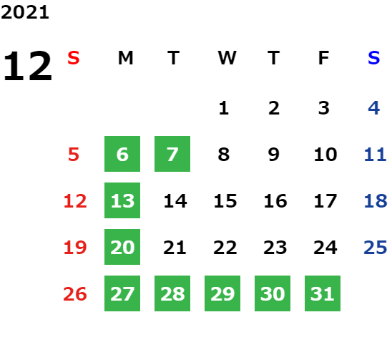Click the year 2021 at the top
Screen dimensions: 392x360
point(25,12)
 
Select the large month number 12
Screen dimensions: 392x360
point(28,66)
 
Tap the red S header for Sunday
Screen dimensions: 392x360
point(74,58)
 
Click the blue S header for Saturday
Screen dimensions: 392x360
point(373,58)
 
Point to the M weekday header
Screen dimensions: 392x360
point(125,58)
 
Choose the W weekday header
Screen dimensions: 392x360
point(227,58)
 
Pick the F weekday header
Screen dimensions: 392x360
point(324,58)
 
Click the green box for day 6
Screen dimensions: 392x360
point(122,154)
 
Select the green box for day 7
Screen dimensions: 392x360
point(172,154)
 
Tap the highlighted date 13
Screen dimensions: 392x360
point(122,200)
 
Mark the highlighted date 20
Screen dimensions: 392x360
point(122,247)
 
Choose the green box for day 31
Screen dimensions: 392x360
point(323,293)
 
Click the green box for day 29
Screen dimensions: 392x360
point(222,293)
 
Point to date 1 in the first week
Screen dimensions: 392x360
point(224,108)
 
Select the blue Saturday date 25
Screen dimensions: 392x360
point(376,248)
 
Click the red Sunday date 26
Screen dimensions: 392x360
point(75,294)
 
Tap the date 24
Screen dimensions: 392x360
point(325,248)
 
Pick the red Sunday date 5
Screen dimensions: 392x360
point(74,155)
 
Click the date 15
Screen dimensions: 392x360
point(225,201)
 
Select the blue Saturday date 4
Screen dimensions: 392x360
point(374,108)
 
